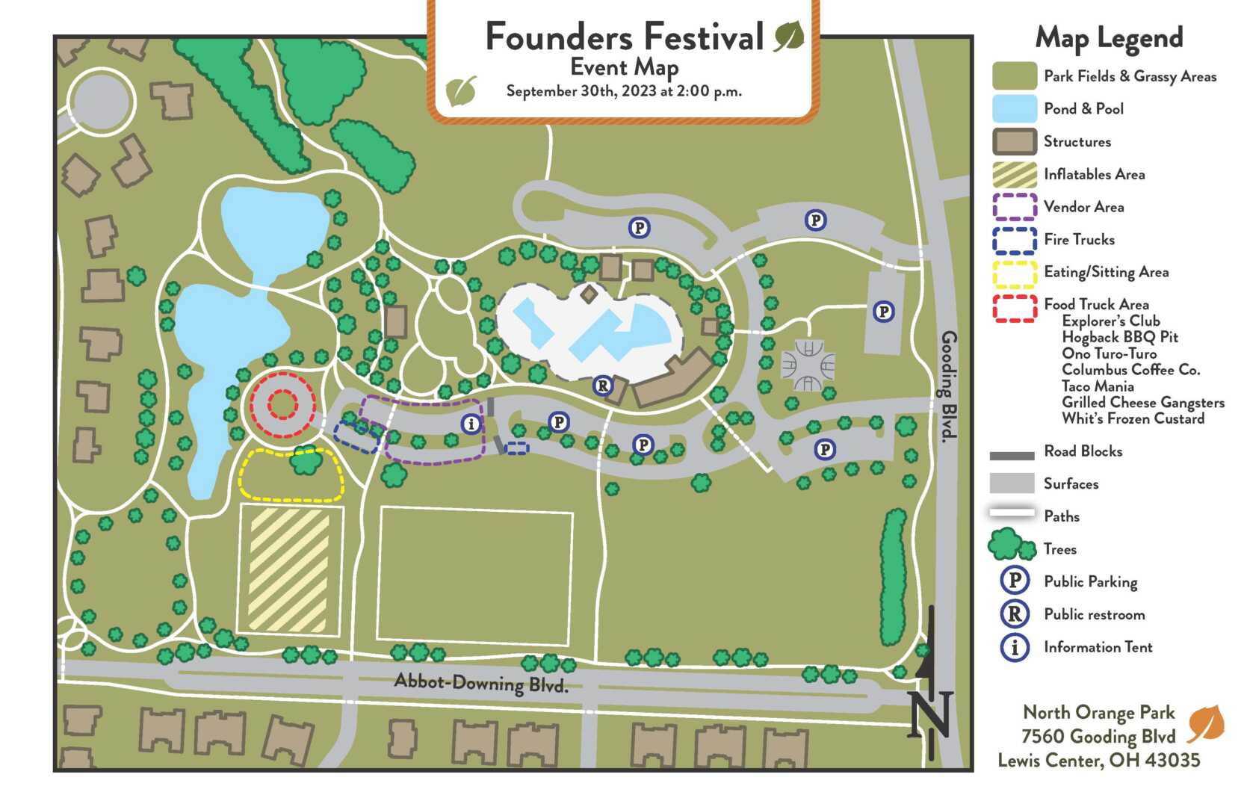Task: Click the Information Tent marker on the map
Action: (471, 424)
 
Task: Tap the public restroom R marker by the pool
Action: (602, 386)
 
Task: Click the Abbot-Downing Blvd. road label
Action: (481, 683)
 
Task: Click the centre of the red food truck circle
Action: (282, 405)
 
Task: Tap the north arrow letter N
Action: (931, 713)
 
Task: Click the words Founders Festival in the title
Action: (625, 37)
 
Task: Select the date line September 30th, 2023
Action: (624, 92)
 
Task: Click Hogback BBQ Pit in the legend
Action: (1119, 337)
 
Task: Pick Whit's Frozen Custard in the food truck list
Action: (1133, 418)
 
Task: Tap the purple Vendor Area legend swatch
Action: (1015, 207)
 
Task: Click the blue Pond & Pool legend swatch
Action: (1015, 109)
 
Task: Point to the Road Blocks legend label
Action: (1083, 451)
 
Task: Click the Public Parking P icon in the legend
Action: (1015, 581)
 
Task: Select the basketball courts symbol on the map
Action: (808, 365)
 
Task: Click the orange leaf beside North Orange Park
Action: (1205, 723)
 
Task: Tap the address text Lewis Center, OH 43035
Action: (1098, 761)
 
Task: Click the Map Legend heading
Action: (1109, 37)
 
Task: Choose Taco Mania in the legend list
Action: (1098, 386)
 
